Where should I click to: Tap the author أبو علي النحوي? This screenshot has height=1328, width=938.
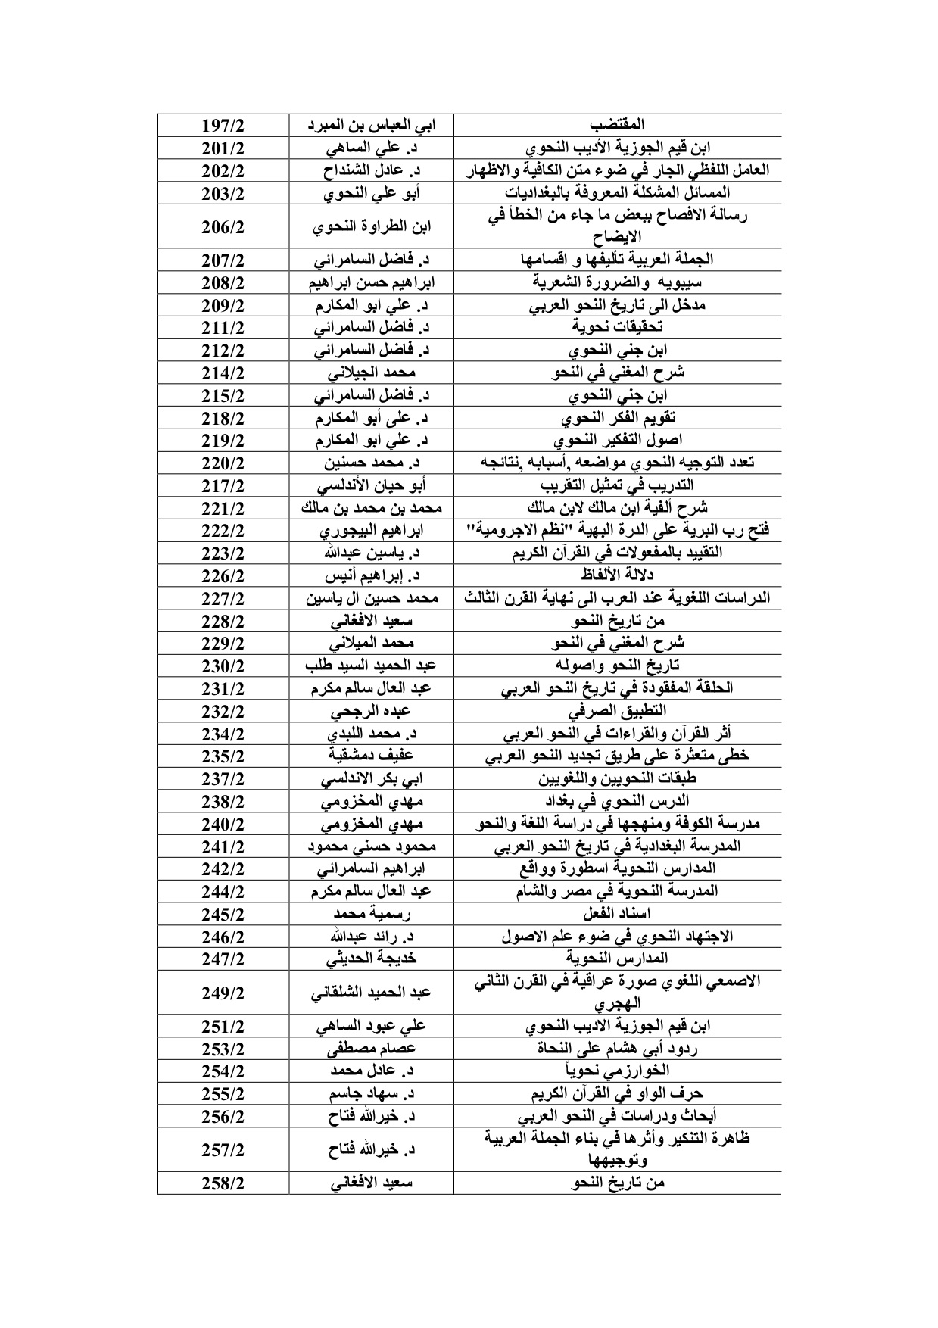click(x=371, y=192)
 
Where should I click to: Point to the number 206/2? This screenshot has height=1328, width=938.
click(x=223, y=226)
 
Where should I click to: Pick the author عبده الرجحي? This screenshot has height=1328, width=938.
click(x=371, y=711)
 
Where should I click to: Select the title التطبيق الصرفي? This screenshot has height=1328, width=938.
click(x=617, y=711)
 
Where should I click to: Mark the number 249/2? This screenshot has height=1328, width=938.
click(x=223, y=993)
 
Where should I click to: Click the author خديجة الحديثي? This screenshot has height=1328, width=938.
click(x=371, y=959)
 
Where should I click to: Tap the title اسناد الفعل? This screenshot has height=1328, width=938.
click(x=617, y=914)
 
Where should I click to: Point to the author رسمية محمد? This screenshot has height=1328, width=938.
click(x=371, y=914)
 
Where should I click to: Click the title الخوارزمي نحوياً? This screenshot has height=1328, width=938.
click(x=617, y=1071)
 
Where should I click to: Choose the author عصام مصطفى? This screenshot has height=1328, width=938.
click(x=371, y=1049)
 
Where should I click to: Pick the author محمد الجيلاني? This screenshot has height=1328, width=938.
click(x=371, y=373)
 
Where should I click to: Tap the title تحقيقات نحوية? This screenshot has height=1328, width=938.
click(x=617, y=327)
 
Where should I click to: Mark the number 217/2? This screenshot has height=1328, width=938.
click(x=223, y=485)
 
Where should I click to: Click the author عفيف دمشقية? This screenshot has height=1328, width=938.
click(x=371, y=756)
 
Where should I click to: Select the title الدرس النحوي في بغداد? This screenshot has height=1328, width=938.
click(x=617, y=801)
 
